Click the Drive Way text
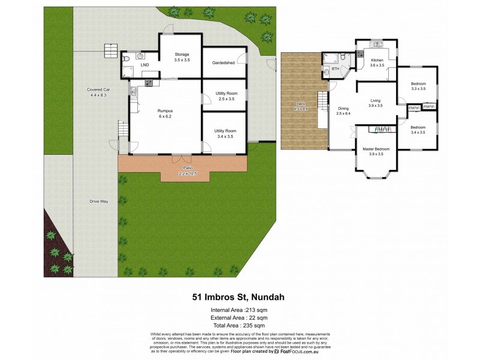[x=98, y=201]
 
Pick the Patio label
[x=187, y=170]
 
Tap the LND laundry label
[x=145, y=64]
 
